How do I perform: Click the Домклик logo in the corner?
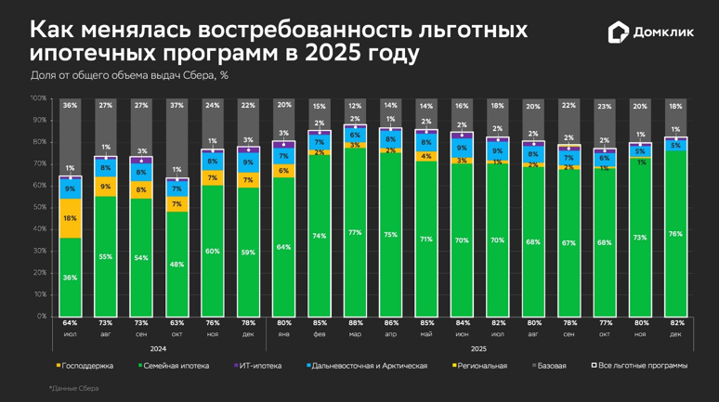(651, 32)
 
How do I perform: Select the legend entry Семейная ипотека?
(176, 366)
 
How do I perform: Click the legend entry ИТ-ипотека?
(261, 366)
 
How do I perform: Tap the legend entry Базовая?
(550, 366)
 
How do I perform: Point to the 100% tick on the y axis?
(38, 97)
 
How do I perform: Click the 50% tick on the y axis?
(40, 207)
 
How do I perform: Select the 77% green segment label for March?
(354, 232)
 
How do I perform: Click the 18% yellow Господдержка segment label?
(70, 218)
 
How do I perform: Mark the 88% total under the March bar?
(354, 323)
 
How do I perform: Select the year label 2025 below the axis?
(478, 349)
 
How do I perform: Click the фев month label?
(319, 333)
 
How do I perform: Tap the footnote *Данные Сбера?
(73, 388)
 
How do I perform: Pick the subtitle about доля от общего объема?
(129, 74)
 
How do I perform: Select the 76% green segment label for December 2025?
(675, 234)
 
